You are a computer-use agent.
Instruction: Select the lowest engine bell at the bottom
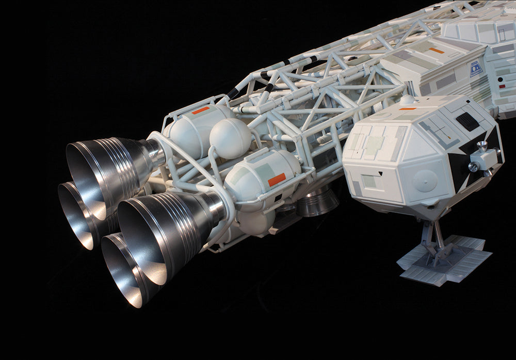tap(124, 273)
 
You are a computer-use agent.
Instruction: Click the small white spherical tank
tap(230, 138)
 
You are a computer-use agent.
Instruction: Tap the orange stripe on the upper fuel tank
tap(200, 110)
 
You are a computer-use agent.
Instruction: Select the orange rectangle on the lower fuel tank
tap(277, 179)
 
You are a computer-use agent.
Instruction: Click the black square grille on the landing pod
tap(467, 122)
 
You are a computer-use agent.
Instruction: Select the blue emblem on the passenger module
tap(476, 69)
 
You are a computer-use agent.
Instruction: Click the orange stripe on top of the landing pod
tap(407, 109)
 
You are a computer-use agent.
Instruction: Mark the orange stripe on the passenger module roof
tap(436, 51)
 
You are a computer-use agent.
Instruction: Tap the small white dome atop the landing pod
tap(407, 100)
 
